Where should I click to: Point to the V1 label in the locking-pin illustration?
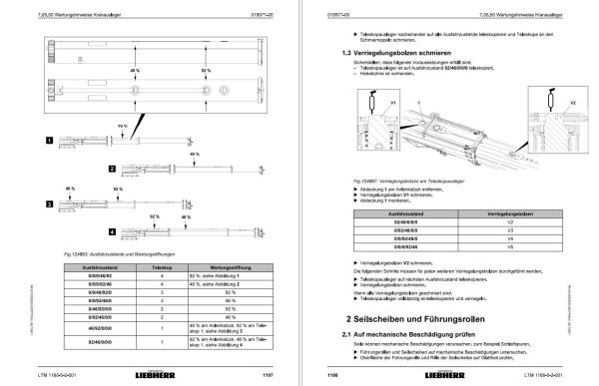click(x=391, y=101)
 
